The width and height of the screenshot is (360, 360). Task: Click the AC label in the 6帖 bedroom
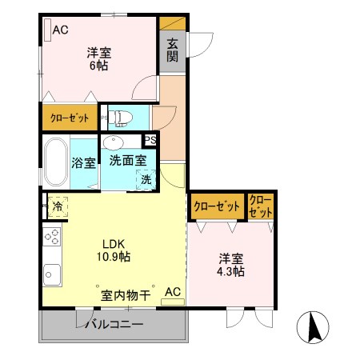(61, 31)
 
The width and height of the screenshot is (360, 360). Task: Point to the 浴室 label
(84, 163)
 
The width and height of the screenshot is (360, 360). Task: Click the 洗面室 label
(127, 160)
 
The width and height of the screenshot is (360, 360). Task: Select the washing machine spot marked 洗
(146, 180)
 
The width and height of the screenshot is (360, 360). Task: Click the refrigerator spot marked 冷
(58, 206)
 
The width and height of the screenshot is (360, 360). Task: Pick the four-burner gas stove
(52, 237)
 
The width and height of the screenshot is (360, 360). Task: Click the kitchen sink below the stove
(52, 273)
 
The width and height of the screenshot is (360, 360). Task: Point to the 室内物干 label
(126, 295)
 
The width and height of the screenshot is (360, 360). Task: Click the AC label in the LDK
(173, 293)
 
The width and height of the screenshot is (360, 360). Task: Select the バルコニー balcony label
(115, 326)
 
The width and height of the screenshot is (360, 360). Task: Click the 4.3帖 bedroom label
(232, 266)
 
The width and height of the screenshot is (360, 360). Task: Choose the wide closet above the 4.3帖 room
(217, 206)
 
